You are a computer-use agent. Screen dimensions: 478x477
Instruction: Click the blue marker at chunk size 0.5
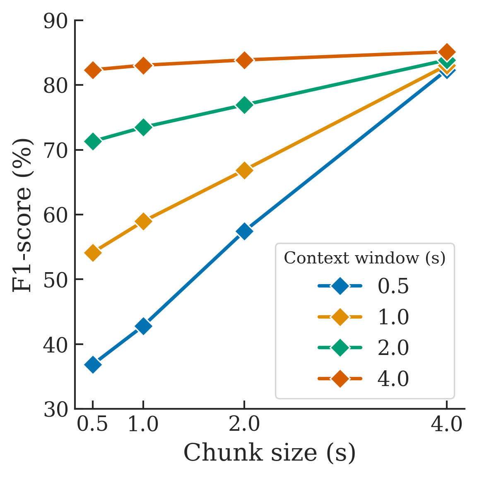click(x=93, y=365)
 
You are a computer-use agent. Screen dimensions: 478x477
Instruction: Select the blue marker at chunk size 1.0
click(x=143, y=326)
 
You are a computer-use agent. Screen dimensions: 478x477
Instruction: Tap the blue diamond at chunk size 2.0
click(x=244, y=231)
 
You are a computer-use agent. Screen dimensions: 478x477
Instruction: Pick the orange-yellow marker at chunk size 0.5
click(x=93, y=253)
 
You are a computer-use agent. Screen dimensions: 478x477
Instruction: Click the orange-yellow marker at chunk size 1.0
click(x=143, y=222)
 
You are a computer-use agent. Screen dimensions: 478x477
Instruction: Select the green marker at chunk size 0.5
click(x=93, y=142)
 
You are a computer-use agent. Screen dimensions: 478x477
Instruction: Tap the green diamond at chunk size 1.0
click(x=143, y=128)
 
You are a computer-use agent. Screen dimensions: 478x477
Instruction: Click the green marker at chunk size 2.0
click(x=244, y=105)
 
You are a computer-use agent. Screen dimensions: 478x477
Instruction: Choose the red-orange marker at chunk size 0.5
click(x=93, y=70)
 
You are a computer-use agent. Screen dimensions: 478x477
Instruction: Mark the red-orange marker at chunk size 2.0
click(x=244, y=60)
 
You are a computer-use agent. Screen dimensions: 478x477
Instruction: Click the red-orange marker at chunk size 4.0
click(x=446, y=52)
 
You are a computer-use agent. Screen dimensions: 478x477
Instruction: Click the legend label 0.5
click(x=393, y=286)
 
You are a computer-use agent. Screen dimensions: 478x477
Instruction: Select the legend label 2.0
click(x=393, y=348)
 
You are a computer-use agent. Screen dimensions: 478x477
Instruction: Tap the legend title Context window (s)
click(x=365, y=258)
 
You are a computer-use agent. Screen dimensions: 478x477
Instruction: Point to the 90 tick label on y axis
click(x=55, y=21)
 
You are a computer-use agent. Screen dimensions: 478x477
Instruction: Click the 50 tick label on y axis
click(x=55, y=280)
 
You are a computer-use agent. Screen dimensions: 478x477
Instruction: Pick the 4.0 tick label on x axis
click(x=446, y=425)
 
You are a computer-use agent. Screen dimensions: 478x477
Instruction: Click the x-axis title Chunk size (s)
click(x=270, y=453)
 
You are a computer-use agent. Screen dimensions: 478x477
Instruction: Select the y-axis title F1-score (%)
click(x=22, y=215)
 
